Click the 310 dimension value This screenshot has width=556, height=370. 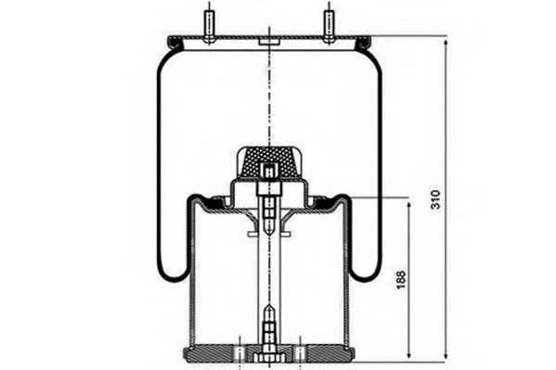click(x=435, y=199)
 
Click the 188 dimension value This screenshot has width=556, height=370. click(x=401, y=279)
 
